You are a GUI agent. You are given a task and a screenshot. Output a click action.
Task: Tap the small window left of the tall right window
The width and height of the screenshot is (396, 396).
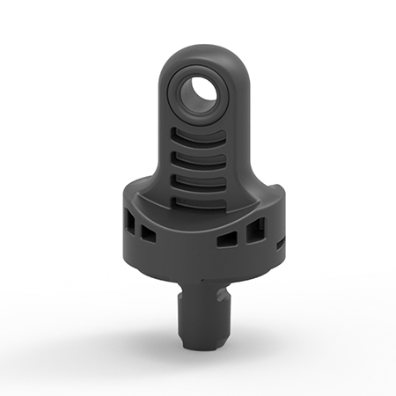227,239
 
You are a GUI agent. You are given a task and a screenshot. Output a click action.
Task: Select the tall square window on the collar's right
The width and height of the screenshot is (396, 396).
256,232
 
